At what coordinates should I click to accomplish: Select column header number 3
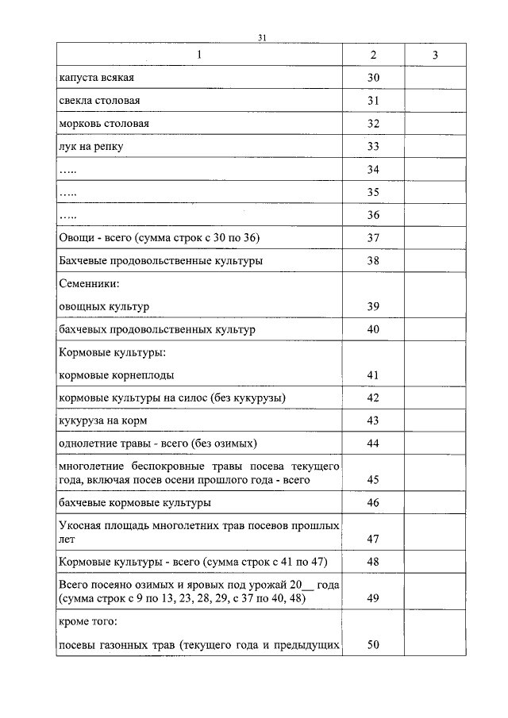tap(435, 55)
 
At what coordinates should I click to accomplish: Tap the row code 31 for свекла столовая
tap(373, 102)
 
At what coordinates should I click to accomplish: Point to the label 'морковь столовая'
tap(104, 125)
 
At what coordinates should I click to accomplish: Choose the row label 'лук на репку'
tap(91, 148)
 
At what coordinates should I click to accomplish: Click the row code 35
tap(373, 193)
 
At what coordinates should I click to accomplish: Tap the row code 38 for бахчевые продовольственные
tap(373, 261)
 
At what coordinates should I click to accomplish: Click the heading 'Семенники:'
tap(89, 283)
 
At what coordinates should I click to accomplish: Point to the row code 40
tap(373, 329)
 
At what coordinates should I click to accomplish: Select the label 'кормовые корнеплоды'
tap(117, 374)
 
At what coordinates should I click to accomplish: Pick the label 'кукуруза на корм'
tap(103, 420)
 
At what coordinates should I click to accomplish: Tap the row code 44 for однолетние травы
tap(373, 443)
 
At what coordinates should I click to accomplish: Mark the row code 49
tap(373, 599)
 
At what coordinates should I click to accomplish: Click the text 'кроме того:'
tap(89, 622)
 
